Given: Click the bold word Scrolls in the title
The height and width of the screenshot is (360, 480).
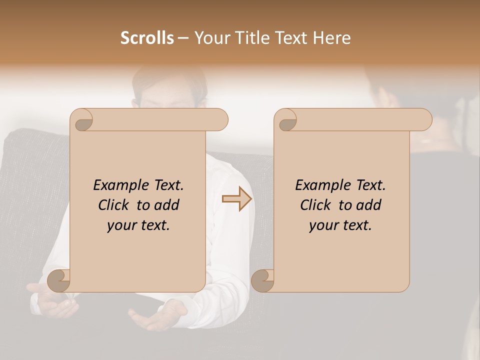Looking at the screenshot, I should [147, 38].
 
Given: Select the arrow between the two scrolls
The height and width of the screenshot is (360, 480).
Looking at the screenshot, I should [237, 199].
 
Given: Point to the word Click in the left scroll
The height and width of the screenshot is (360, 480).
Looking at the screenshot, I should [115, 205].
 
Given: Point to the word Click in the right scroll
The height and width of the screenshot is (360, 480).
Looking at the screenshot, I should [317, 205].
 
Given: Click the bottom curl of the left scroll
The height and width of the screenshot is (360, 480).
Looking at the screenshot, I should [58, 280].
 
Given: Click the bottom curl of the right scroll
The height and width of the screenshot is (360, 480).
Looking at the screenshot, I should [262, 280].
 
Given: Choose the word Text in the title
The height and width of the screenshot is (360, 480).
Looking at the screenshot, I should [290, 38].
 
